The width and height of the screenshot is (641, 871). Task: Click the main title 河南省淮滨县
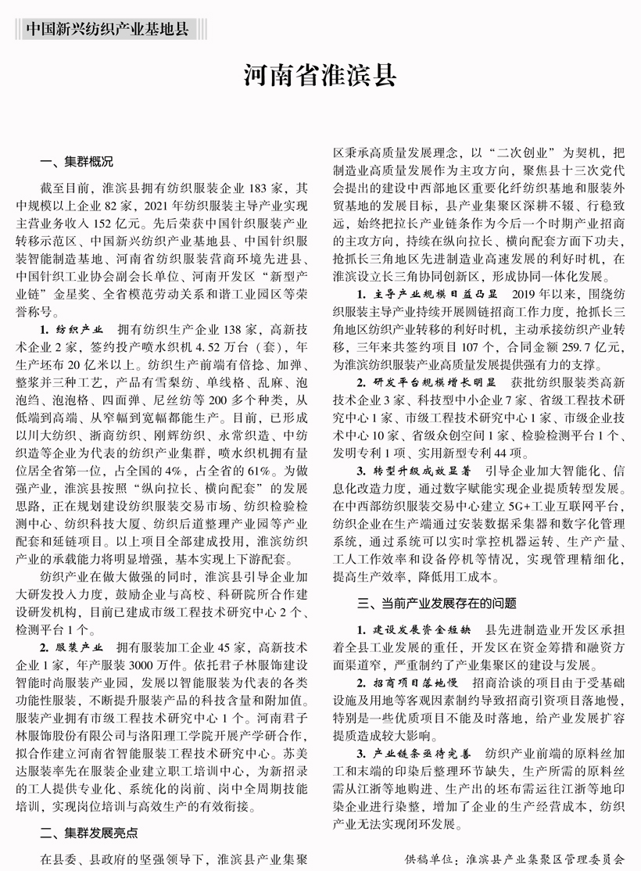pos(320,76)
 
